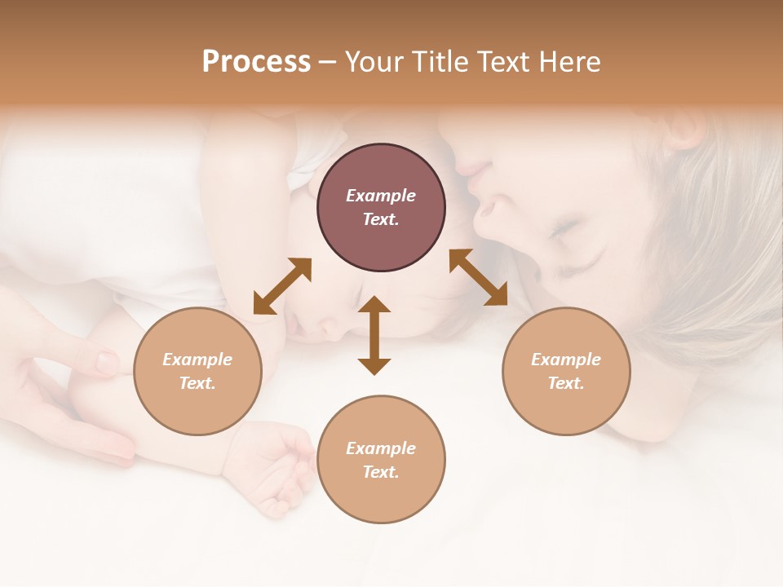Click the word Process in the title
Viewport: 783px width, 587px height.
[x=256, y=62]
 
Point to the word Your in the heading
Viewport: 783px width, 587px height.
[x=372, y=62]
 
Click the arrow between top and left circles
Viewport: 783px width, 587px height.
[x=282, y=286]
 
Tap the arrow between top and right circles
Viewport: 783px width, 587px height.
[x=478, y=277]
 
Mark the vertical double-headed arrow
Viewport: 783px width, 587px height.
[x=374, y=335]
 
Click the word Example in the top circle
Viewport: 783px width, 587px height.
[x=381, y=196]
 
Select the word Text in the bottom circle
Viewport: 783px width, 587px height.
[x=381, y=472]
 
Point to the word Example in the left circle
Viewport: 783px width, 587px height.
[x=197, y=360]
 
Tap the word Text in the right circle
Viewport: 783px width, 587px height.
[x=566, y=383]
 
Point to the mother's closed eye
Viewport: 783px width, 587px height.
[x=563, y=231]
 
